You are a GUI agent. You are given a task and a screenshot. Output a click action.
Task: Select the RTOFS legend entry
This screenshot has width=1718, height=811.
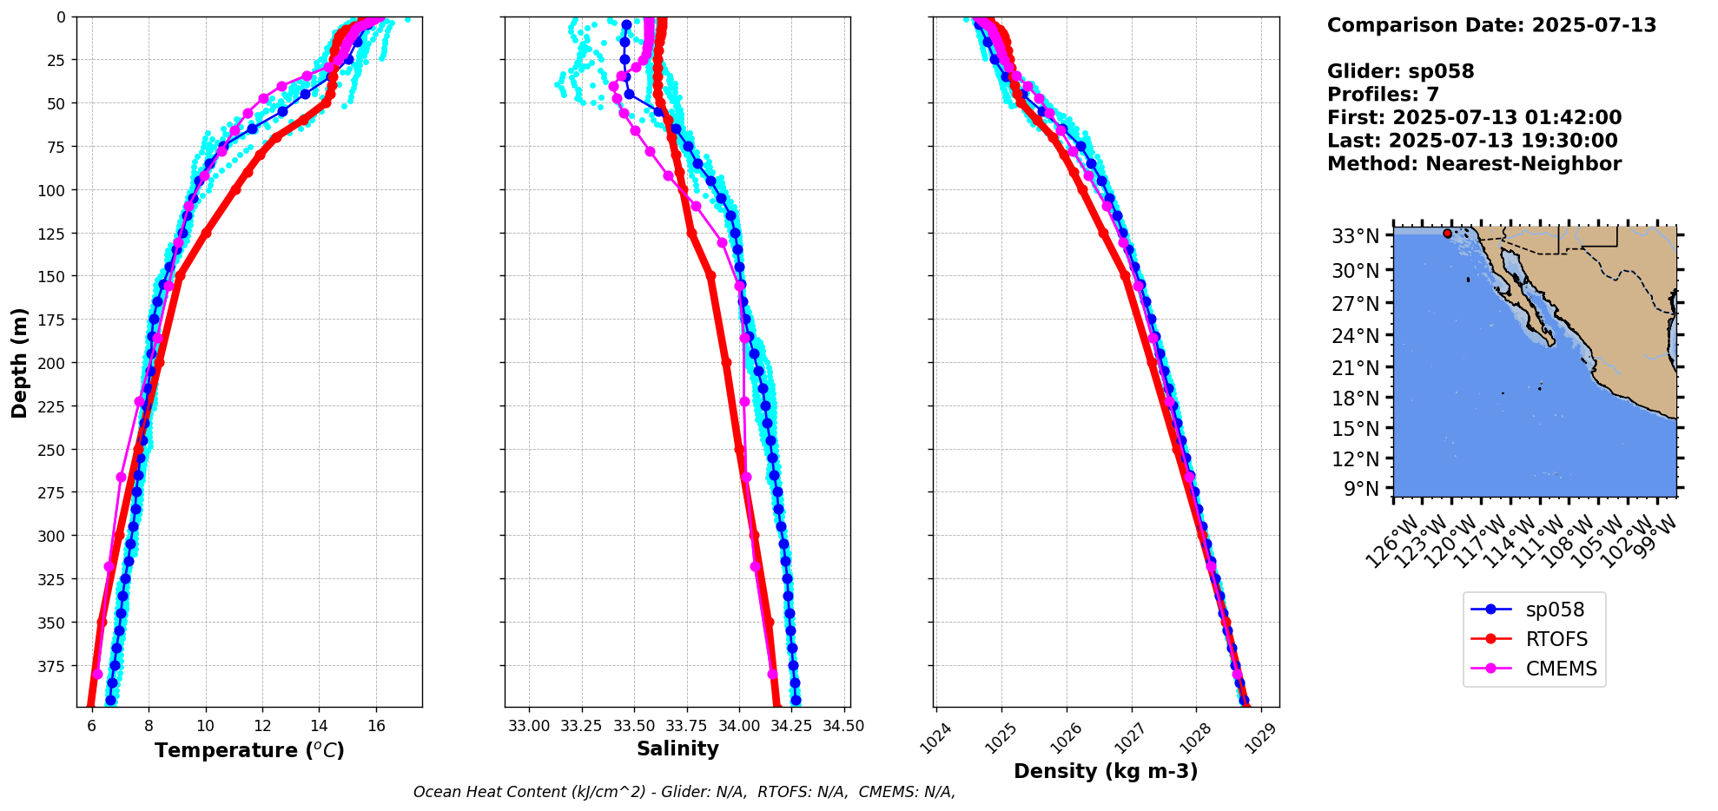(x=1556, y=640)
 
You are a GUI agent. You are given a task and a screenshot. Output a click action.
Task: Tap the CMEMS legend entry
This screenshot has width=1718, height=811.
(x=1561, y=669)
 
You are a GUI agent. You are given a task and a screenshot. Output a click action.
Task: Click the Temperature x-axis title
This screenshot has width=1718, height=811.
(x=249, y=750)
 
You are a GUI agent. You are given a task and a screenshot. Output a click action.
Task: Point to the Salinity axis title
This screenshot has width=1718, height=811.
(x=677, y=749)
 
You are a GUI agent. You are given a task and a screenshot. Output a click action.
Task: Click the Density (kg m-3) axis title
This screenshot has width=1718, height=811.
(x=1106, y=771)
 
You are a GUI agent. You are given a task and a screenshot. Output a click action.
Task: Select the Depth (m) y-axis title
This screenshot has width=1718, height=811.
(x=19, y=362)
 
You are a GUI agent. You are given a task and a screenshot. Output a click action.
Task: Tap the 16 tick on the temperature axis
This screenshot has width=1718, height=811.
(x=376, y=726)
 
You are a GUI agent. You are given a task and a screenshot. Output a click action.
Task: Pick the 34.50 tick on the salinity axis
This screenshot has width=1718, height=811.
(x=843, y=726)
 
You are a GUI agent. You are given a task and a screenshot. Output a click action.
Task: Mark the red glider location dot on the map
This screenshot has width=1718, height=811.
(x=1447, y=234)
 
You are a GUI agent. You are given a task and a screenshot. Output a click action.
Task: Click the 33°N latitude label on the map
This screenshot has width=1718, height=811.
(x=1356, y=236)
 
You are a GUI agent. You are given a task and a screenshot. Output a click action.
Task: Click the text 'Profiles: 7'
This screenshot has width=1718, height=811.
(x=1383, y=95)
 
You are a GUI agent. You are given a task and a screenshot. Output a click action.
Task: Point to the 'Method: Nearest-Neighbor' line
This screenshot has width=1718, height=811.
(x=1474, y=164)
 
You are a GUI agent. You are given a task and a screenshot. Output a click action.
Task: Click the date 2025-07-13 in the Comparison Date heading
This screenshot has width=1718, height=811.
(x=1594, y=25)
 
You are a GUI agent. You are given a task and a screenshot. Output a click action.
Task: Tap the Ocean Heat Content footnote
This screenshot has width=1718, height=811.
(x=684, y=792)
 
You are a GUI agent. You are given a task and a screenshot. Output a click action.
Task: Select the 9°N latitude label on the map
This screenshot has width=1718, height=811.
(x=1361, y=489)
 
